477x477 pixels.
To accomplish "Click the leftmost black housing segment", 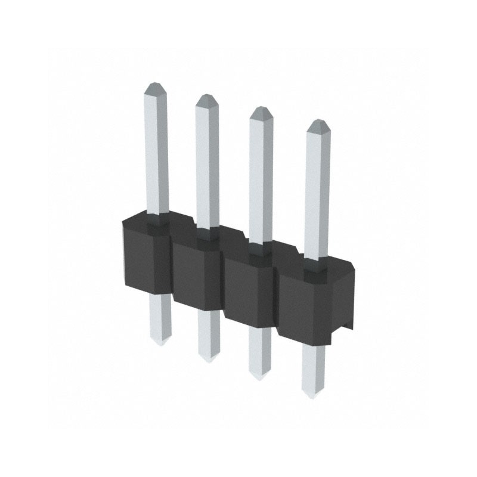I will (x=146, y=256).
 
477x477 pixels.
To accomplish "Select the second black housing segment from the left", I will (x=196, y=271).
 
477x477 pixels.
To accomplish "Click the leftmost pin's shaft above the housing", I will (x=156, y=155).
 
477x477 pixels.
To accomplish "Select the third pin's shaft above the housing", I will (x=260, y=179).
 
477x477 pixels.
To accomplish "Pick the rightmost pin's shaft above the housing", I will (x=317, y=191).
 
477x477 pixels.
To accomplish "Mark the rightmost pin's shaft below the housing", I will (x=313, y=370).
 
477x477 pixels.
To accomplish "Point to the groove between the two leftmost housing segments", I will (x=172, y=268).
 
